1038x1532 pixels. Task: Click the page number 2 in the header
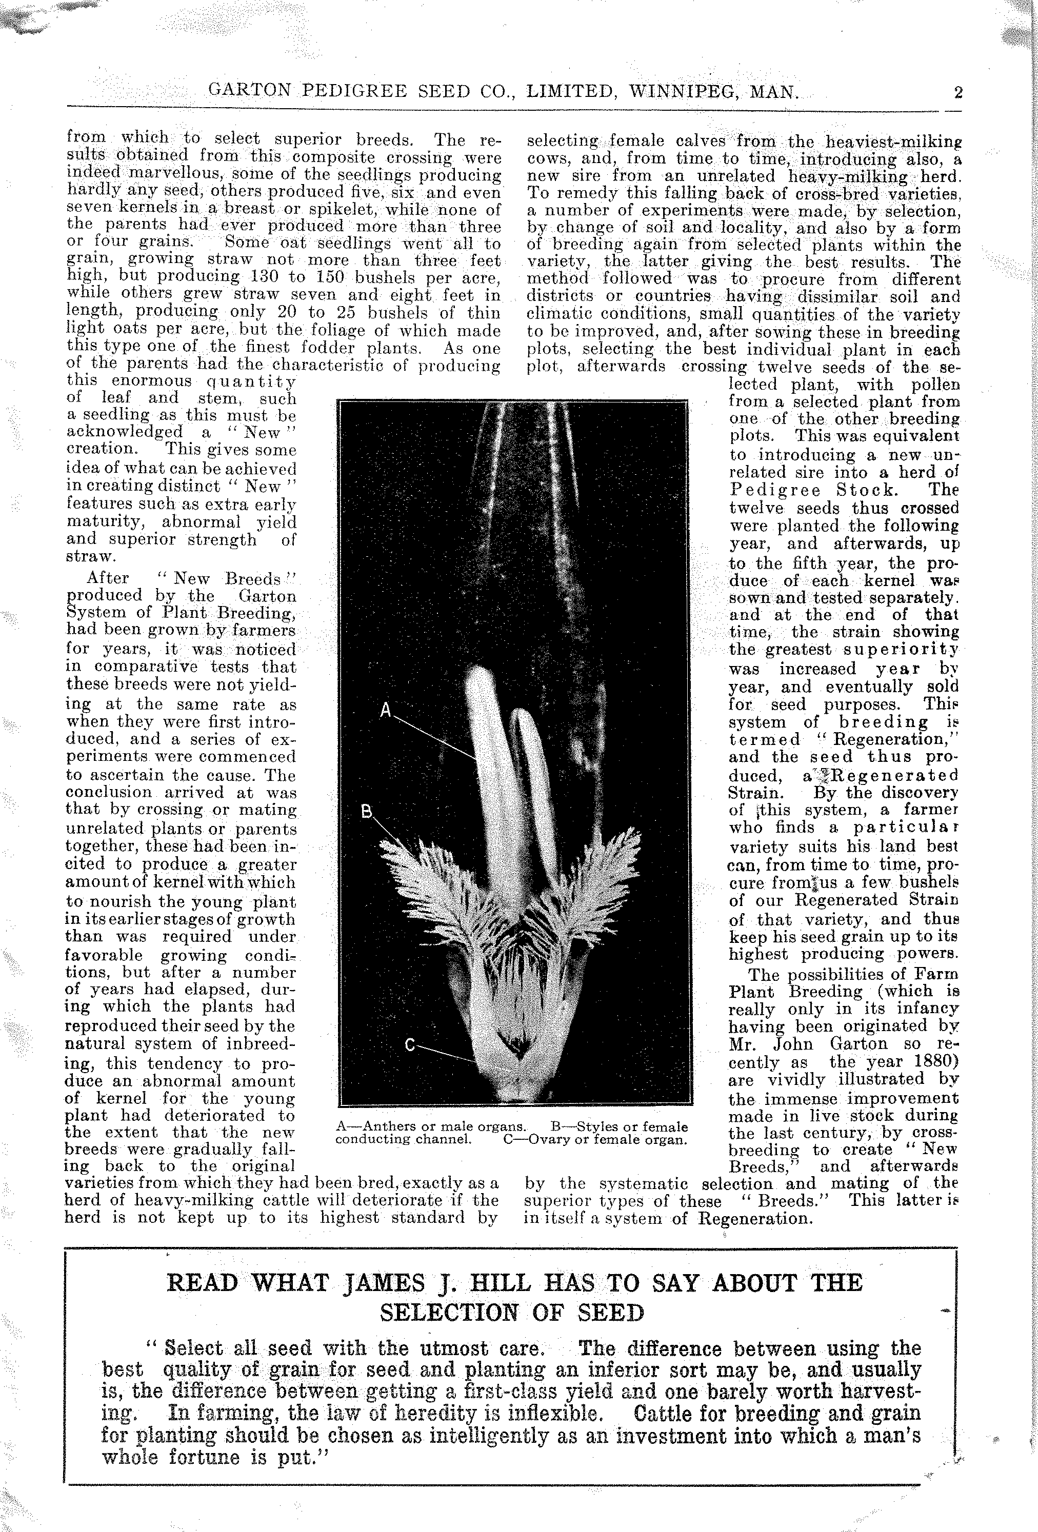tap(957, 92)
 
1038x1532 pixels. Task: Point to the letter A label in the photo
tap(387, 710)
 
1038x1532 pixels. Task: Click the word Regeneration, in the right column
tap(894, 740)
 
